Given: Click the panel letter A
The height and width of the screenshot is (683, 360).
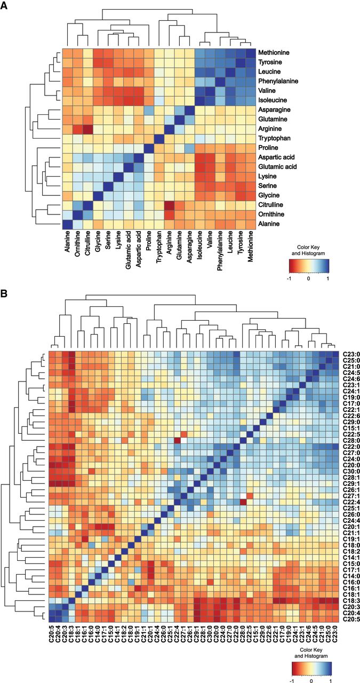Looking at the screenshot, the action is coord(4,6).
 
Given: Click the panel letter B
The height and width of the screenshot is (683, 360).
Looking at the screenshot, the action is coord(4,293).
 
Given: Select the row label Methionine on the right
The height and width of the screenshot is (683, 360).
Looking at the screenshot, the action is coord(274,52).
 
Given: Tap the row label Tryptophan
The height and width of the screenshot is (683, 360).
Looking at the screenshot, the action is coord(274,138).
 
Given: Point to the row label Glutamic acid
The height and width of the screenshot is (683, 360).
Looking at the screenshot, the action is coord(277,167).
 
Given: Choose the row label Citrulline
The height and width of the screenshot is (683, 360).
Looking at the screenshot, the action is coord(270,204).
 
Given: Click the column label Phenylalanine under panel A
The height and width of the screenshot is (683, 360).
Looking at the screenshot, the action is coord(220,251).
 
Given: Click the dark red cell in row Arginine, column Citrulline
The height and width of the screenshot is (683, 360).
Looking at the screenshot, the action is coord(88,129).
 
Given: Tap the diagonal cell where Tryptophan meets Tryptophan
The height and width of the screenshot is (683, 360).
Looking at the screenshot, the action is coord(159,138).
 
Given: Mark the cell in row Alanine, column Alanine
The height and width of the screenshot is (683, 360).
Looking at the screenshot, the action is coord(68,224).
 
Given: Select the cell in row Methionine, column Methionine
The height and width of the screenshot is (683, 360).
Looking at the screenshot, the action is coord(251,52).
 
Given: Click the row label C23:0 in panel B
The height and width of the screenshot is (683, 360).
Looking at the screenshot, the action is coord(351,354).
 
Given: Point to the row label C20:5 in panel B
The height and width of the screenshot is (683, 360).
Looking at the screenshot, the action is coord(351,619).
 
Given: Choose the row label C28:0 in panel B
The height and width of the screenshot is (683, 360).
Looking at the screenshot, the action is coord(351,441).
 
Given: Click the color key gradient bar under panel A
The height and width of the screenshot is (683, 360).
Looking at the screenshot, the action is coord(309,266).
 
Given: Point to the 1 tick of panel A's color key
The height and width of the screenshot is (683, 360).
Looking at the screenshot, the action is coord(327,279).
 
